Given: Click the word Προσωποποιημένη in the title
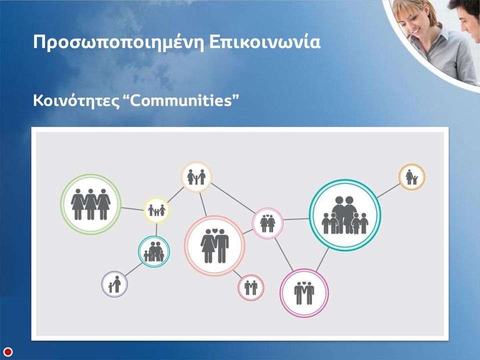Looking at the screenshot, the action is (119, 42).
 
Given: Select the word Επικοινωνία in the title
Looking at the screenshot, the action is (265, 41).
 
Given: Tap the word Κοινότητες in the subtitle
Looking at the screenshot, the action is (76, 100).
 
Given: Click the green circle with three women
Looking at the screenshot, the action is (90, 204).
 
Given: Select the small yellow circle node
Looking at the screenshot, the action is (156, 210).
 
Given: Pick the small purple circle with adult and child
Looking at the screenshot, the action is (114, 284).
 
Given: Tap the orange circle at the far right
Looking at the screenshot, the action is (411, 177).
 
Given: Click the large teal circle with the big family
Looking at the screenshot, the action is (344, 215).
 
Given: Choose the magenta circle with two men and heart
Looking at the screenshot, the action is (304, 293).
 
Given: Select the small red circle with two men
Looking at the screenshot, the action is (250, 287).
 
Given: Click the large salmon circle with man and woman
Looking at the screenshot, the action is (214, 246).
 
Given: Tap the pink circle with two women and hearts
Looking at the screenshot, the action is (267, 223).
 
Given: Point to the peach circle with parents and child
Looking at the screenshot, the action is (196, 177).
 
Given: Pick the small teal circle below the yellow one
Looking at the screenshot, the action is (153, 251).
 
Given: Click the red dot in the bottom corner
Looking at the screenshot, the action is (8, 351).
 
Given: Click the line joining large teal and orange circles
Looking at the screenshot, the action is (388, 190).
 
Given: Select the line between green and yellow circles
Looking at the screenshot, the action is (132, 209).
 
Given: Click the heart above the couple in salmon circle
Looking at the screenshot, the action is (215, 230).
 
